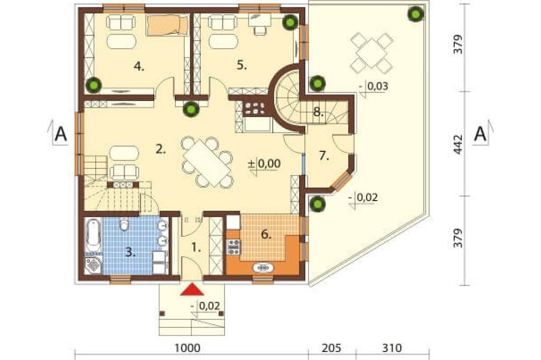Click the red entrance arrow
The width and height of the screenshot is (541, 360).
tap(192, 290)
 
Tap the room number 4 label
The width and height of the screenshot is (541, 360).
tap(139, 66)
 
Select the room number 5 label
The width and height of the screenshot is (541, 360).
tap(242, 65)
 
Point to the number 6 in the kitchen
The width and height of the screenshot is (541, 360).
tap(266, 234)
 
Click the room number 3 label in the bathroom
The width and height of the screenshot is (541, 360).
tap(130, 252)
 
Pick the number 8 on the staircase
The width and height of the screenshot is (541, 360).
tap(319, 112)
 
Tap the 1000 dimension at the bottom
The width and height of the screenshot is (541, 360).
tap(187, 348)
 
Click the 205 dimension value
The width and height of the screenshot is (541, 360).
tap(331, 348)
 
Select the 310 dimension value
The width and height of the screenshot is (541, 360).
tap(392, 348)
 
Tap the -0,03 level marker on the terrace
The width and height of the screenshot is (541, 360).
tap(374, 87)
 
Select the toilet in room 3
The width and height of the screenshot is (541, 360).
tap(124, 224)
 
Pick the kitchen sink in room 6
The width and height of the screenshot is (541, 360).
tap(264, 268)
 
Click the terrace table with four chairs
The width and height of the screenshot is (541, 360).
tap(372, 53)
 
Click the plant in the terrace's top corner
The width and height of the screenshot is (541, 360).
tap(416, 14)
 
